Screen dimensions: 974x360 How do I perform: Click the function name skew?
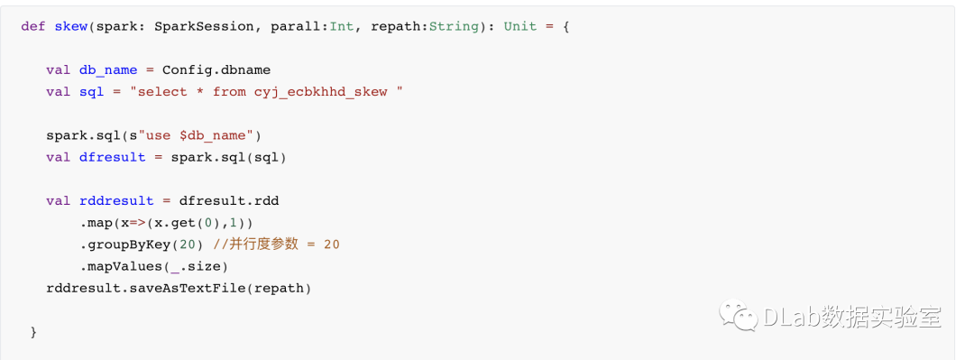coord(71,27)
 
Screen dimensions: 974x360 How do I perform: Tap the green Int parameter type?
coord(342,27)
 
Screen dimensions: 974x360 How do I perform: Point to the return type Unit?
coord(520,27)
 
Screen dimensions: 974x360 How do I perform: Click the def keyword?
coord(33,27)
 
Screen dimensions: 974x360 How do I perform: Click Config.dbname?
coord(216,70)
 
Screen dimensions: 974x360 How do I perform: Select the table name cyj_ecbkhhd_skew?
coord(320,92)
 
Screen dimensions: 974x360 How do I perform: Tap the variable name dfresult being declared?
coord(113,157)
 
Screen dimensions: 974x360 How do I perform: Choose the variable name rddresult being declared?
coord(116,201)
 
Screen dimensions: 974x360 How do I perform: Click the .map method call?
coord(96,223)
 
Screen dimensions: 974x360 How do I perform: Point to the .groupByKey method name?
coord(124,245)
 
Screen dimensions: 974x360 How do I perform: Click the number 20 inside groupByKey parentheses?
coord(188,245)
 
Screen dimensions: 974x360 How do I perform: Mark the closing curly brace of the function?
coord(33,333)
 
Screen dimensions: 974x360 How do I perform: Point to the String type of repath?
coord(454,27)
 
